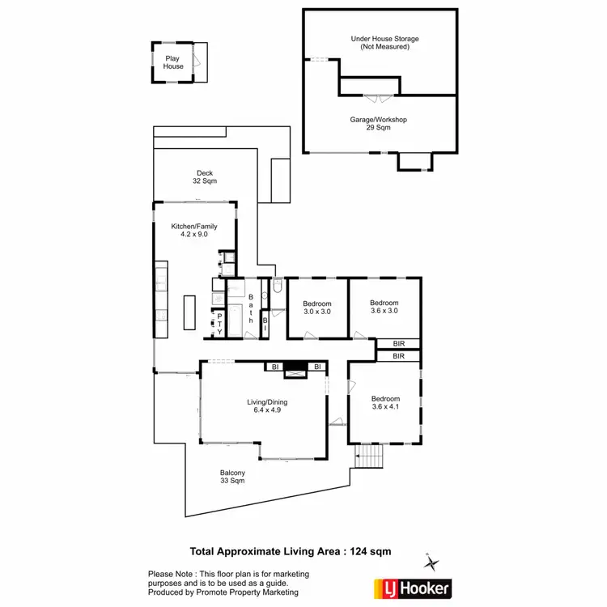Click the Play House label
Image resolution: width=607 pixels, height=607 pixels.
click(173, 62)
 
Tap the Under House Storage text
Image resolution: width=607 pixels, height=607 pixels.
click(384, 42)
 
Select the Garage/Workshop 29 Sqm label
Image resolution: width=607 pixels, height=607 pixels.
click(378, 123)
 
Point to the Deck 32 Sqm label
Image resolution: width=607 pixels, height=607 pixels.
click(205, 176)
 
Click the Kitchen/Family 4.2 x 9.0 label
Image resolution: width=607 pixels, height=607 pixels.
click(189, 230)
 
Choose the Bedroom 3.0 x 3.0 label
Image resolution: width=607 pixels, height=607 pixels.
click(317, 307)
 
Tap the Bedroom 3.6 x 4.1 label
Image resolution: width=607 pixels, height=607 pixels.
click(385, 403)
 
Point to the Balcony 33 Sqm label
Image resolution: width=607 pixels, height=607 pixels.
click(232, 477)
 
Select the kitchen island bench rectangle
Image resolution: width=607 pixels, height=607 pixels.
click(189, 312)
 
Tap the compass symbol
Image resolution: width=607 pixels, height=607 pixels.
click(433, 562)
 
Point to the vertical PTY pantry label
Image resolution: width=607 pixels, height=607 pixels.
click(219, 324)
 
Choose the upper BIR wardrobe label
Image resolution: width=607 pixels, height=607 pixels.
click(398, 344)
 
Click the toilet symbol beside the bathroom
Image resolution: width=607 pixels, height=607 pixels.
click(277, 286)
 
